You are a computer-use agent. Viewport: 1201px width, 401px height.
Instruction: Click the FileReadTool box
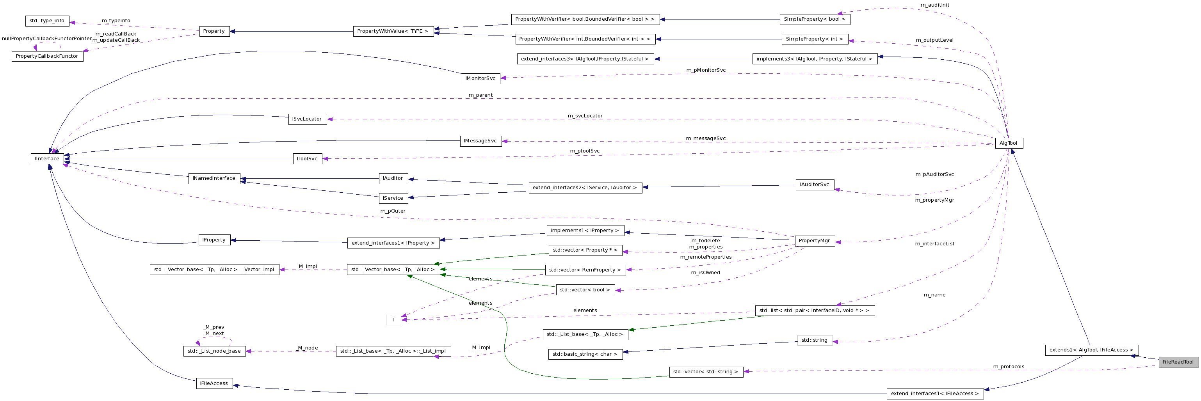[1178, 362]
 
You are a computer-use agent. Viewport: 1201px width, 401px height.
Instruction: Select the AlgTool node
[1009, 143]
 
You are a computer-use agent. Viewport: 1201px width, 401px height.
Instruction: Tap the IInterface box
[47, 159]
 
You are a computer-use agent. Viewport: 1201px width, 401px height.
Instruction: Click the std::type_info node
[47, 21]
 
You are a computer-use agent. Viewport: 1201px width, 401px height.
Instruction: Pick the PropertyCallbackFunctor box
[47, 56]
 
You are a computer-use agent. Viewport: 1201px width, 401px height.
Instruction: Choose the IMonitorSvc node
[480, 79]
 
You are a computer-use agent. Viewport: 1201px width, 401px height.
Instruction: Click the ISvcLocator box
[307, 119]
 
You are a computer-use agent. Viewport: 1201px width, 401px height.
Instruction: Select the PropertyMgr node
[814, 241]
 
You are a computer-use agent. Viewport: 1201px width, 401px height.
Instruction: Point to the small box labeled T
[393, 320]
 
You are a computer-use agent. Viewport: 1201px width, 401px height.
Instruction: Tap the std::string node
[814, 341]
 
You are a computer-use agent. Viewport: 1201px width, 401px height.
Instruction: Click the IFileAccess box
[214, 384]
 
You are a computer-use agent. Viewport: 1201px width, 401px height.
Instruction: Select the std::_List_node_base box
[214, 351]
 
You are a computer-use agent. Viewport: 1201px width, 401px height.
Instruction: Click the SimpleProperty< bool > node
[814, 20]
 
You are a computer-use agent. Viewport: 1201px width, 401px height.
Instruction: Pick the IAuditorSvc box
[814, 185]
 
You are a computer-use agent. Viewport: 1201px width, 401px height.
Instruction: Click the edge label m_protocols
[1009, 367]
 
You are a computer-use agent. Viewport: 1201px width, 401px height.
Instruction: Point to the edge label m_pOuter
[393, 211]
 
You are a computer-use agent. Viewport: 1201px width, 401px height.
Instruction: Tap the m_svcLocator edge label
[585, 115]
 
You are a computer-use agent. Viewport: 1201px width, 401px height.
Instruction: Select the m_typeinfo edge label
[116, 21]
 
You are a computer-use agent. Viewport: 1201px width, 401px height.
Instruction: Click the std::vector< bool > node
[585, 290]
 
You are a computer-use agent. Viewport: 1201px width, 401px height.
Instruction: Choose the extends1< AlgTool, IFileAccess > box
[1091, 350]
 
